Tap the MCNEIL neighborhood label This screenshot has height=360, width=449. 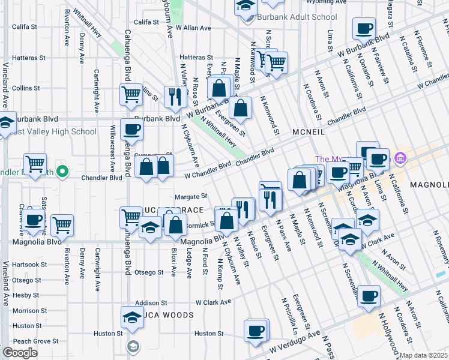[x=310, y=131]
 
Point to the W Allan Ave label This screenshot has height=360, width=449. [x=193, y=28]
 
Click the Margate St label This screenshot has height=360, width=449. [x=190, y=196]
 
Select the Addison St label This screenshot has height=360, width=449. [x=150, y=303]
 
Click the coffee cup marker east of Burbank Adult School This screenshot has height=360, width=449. [x=364, y=29]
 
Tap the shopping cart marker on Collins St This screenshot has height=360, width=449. [x=131, y=94]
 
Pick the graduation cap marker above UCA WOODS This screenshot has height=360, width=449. [x=132, y=317]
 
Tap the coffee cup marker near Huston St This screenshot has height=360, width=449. [x=256, y=331]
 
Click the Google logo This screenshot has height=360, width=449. [x=20, y=353]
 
